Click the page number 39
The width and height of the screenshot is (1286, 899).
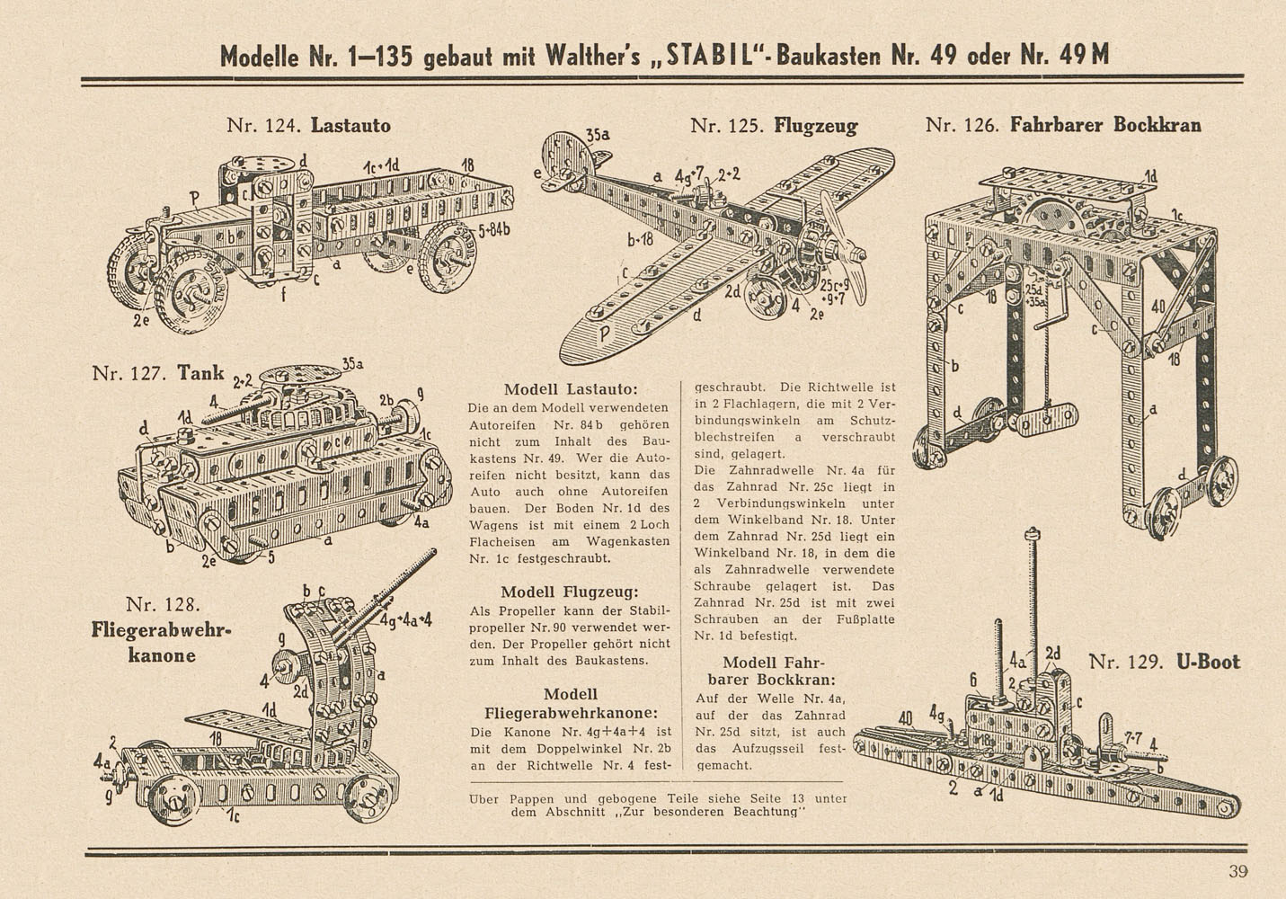1238,871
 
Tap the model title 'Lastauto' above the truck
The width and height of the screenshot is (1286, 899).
350,125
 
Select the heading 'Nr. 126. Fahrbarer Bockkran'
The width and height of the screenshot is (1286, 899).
1063,125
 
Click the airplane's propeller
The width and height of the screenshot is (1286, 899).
843,247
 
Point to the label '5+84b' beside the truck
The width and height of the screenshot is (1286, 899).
493,231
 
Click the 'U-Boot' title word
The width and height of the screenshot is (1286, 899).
1208,662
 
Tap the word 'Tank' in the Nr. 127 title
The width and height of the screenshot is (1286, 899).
200,373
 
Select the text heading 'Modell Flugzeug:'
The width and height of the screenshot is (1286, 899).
570,592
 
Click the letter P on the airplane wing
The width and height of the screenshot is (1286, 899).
603,334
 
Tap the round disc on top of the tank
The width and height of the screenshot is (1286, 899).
300,375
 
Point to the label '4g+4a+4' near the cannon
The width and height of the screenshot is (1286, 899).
406,620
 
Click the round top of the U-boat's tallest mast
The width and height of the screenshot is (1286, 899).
1033,532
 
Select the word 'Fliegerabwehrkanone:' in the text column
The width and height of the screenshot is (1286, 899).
571,713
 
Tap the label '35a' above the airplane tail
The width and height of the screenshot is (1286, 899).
598,135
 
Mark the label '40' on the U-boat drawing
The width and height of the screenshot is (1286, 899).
905,718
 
